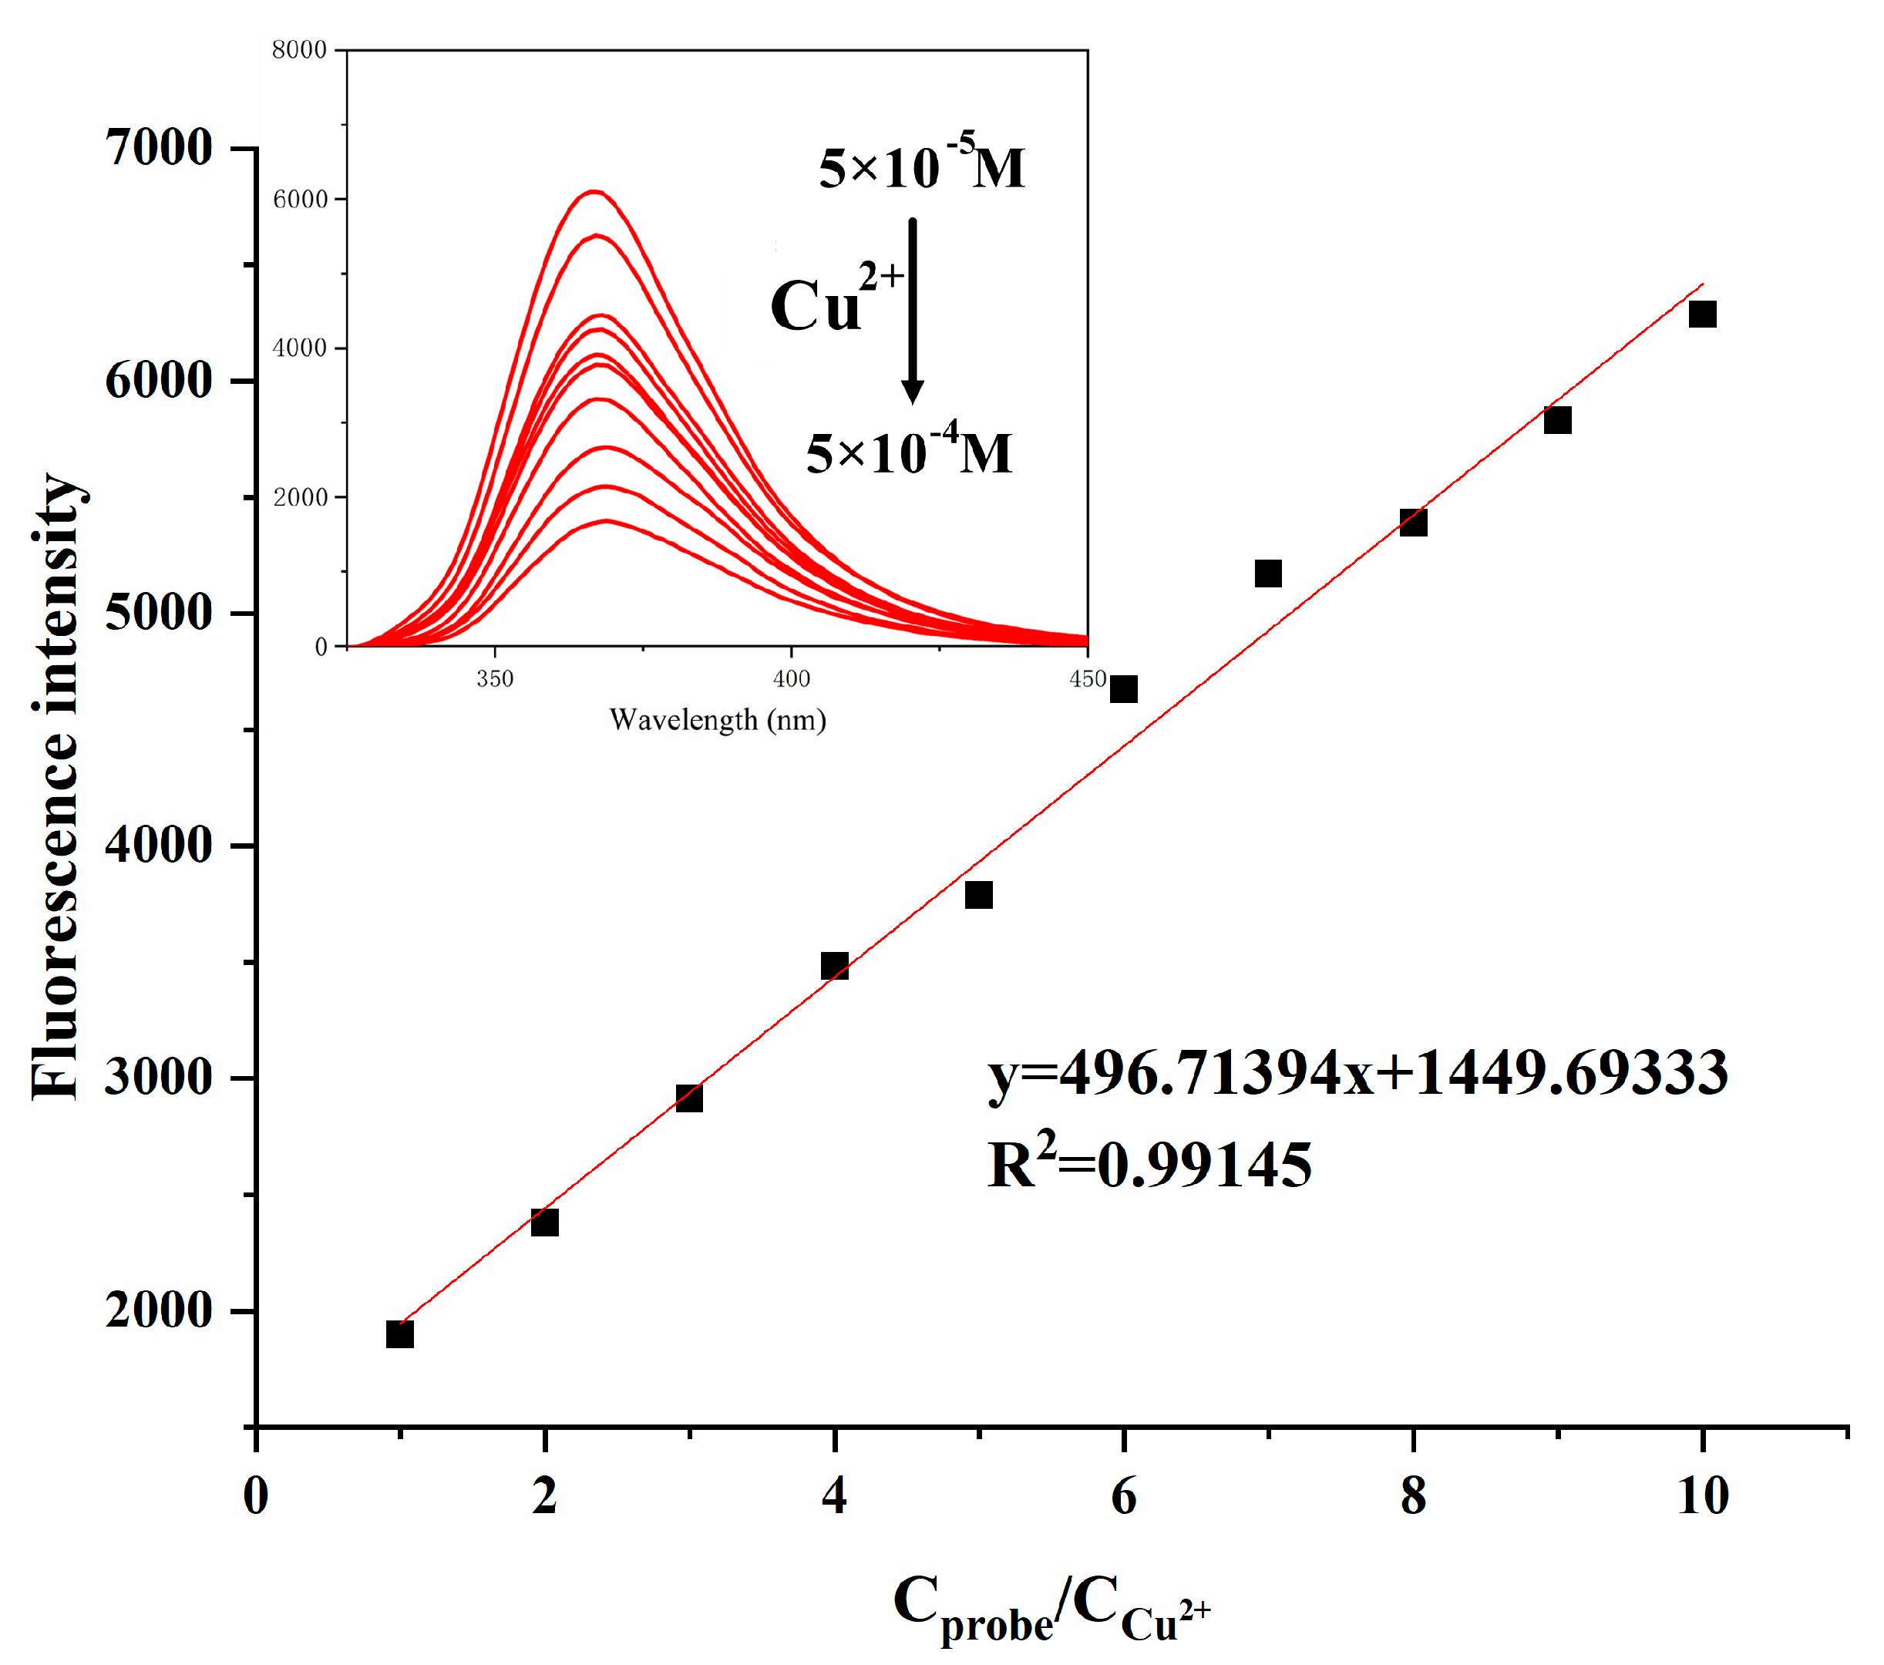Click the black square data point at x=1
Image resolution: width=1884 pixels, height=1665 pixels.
tap(400, 1334)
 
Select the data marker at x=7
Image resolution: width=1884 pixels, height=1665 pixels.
tap(1268, 573)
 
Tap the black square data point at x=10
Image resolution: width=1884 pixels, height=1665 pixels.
tap(1702, 314)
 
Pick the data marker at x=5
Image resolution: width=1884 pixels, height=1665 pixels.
tap(979, 894)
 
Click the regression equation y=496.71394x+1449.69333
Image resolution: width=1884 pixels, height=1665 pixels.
tap(1357, 1074)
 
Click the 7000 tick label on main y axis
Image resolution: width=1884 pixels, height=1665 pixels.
tap(159, 147)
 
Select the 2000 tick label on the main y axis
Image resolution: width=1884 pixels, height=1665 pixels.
tap(159, 1310)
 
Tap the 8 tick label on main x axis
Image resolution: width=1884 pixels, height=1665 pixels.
tap(1413, 1496)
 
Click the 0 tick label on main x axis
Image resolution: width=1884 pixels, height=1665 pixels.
tap(256, 1496)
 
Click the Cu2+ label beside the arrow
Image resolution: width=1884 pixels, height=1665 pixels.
tap(834, 300)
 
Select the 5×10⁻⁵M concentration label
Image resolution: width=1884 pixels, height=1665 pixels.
tap(922, 166)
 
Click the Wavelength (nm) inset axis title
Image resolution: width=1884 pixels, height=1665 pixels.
tap(717, 720)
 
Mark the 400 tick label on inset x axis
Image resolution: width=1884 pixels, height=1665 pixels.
tap(791, 679)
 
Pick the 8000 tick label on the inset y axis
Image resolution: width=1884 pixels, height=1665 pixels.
tap(300, 50)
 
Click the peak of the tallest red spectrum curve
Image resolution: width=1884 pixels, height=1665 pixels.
tap(594, 192)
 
